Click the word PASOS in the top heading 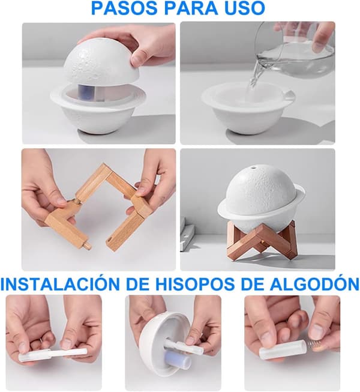pos(125,8)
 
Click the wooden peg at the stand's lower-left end pos(87,246)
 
